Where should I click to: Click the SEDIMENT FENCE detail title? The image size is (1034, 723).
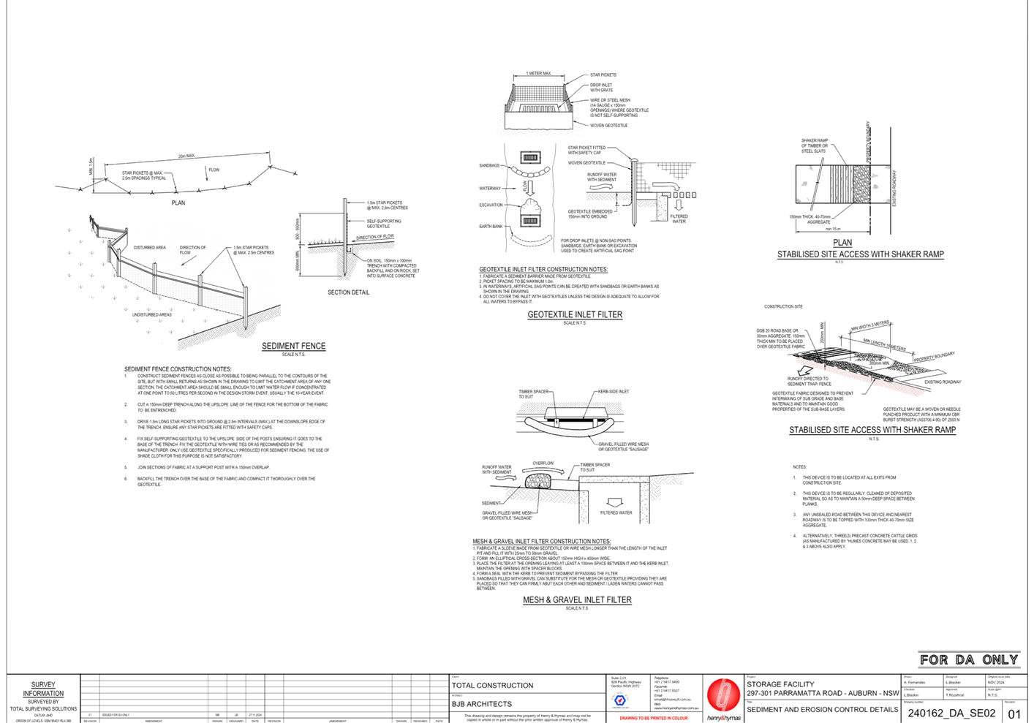coord(294,346)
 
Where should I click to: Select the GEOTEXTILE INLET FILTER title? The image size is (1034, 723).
coord(575,315)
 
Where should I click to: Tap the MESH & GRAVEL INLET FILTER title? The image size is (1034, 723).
coord(577,600)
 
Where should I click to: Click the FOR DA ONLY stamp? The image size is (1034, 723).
coord(968,659)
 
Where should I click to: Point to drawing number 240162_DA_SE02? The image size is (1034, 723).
coord(951,713)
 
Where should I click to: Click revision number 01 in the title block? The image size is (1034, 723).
coord(1014,713)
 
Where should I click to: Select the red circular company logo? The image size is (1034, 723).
coord(723,694)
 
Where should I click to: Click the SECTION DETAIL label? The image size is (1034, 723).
coord(348,292)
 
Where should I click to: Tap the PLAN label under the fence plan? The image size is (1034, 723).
coord(178,202)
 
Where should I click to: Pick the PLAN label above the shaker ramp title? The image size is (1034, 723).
coord(842,243)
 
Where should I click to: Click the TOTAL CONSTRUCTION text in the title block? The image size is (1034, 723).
coord(493,685)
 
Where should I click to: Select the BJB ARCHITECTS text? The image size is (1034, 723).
coord(481,704)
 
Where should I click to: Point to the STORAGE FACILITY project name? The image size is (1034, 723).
coord(780,684)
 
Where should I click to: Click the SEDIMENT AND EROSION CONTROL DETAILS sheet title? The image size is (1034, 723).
coord(822,709)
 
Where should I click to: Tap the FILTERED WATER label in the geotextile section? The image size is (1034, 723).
coord(679,218)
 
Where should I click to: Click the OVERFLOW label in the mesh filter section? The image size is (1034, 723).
coord(543,463)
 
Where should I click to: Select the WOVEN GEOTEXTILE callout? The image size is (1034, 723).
coord(608,126)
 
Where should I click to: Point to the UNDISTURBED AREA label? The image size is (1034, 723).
coord(152,314)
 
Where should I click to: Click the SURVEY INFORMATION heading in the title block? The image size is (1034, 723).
coord(43,689)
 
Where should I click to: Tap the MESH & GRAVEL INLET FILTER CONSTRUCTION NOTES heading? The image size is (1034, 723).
coord(541,542)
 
